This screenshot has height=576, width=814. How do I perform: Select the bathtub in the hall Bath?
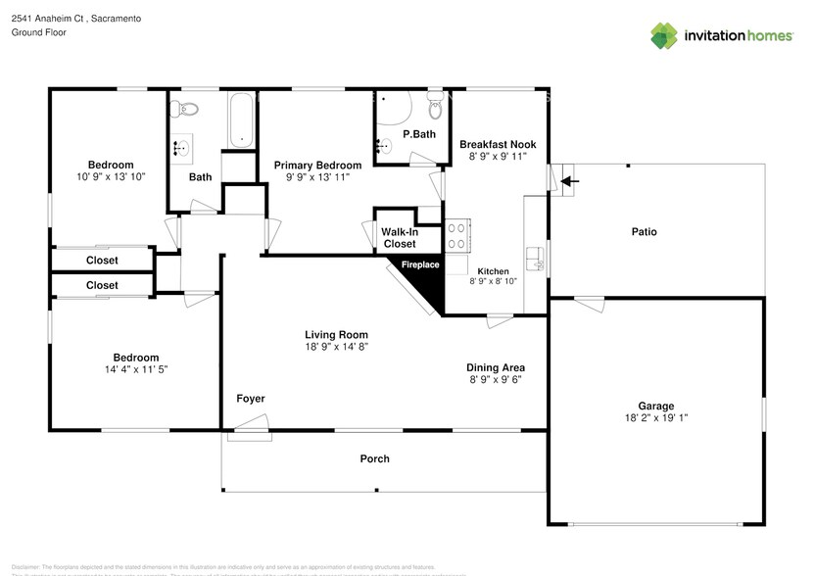[240, 120]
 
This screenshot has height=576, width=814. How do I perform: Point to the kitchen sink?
[535, 258]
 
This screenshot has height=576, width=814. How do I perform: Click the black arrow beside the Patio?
[569, 181]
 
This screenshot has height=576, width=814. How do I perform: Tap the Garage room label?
[656, 406]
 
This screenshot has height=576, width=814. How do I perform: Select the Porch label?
[374, 458]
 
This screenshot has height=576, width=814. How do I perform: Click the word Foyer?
[250, 399]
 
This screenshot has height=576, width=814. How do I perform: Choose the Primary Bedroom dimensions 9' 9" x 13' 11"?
[317, 178]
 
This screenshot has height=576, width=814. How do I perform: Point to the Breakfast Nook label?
[499, 144]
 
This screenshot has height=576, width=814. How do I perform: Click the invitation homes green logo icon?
[665, 35]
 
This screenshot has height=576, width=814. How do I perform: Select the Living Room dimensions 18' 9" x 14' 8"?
[335, 347]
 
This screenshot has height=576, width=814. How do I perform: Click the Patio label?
[644, 232]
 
